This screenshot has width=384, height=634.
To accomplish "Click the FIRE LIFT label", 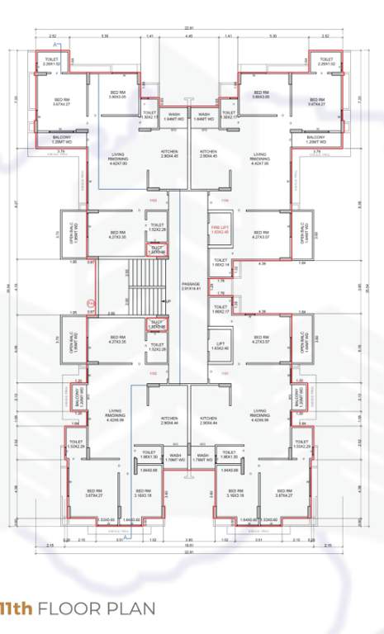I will [x=218, y=228].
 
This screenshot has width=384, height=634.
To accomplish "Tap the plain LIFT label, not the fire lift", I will [x=218, y=343].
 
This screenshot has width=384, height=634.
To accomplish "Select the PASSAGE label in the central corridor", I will [x=192, y=286].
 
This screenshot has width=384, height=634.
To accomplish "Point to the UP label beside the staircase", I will [x=168, y=301].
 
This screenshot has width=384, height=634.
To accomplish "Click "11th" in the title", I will [x=16, y=609].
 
